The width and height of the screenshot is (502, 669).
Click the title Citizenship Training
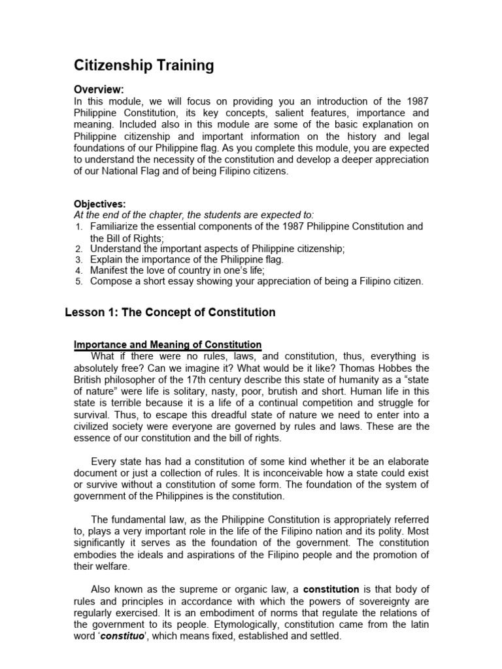pos(143,65)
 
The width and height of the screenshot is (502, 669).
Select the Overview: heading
pos(97,90)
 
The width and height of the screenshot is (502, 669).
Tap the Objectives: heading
pos(99,204)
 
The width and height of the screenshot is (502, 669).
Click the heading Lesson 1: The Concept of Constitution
pos(170,312)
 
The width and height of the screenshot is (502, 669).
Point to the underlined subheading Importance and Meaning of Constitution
pos(167,344)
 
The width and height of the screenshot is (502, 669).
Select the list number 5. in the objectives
pos(78,282)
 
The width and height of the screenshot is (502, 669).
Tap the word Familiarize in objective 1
pos(116,226)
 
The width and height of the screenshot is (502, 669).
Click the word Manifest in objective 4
pos(110,270)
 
